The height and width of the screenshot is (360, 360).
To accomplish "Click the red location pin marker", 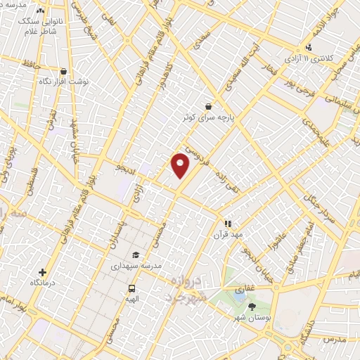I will [x=181, y=166].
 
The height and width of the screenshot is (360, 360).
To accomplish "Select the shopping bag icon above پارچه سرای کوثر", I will [x=209, y=106].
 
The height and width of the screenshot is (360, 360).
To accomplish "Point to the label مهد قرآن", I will [x=227, y=235].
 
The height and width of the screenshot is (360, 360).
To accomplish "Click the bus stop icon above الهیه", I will [x=131, y=288].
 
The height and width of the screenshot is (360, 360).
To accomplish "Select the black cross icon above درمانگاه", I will [x=42, y=272].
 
